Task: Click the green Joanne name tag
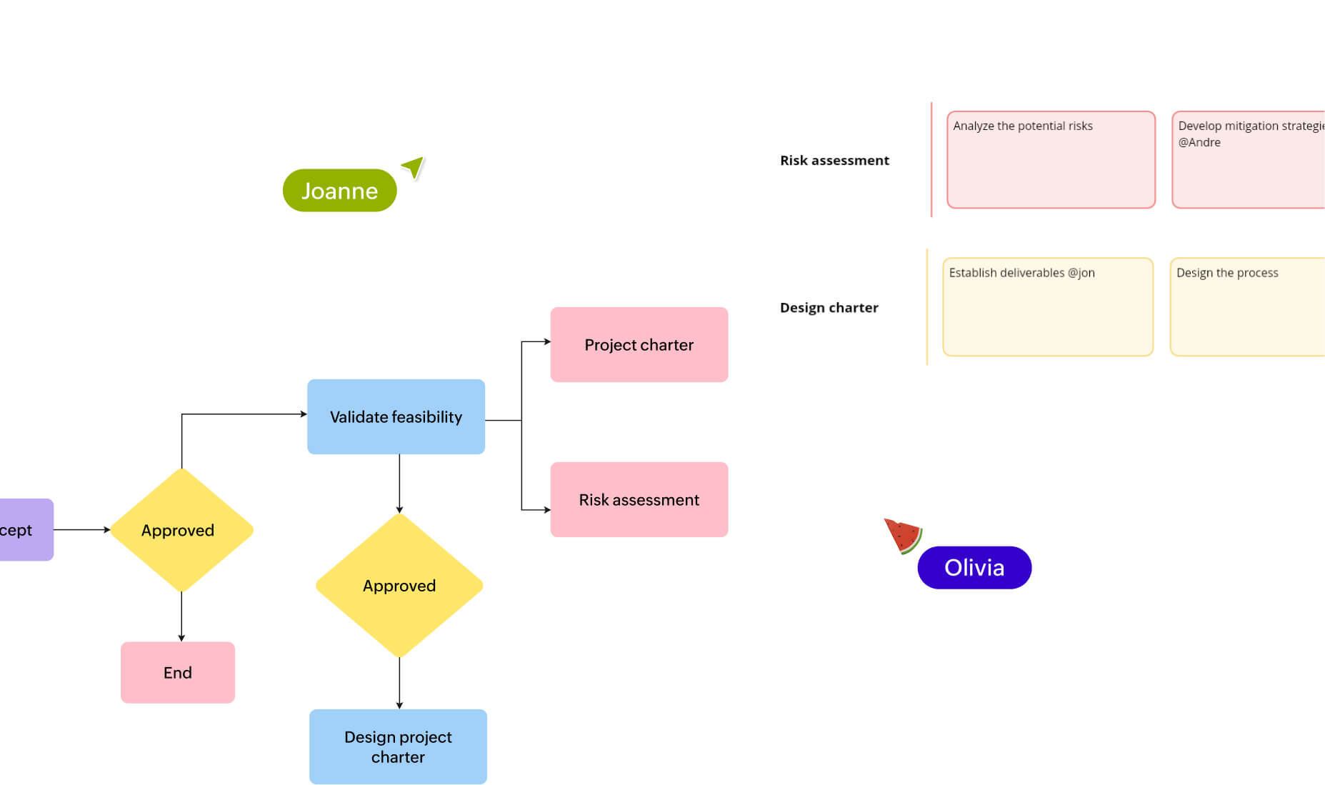pos(339,190)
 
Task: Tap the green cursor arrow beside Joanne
pos(414,168)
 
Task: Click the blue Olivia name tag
pos(974,568)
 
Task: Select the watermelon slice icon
pos(903,536)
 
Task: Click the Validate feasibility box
pos(396,416)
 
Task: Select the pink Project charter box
pos(639,345)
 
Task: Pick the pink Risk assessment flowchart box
pos(639,499)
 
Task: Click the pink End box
pos(177,672)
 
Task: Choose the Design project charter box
pos(398,746)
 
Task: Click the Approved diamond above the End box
pos(181,530)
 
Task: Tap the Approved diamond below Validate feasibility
pos(399,586)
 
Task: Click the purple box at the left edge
pos(25,529)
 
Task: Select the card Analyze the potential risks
pos(1050,160)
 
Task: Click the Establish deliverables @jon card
pos(1047,307)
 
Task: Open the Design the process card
pos(1246,307)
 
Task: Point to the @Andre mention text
pos(1199,142)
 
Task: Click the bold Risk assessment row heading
pos(834,161)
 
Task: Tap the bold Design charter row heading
pos(829,308)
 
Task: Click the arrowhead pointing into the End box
pos(181,638)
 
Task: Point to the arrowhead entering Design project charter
pos(399,705)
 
